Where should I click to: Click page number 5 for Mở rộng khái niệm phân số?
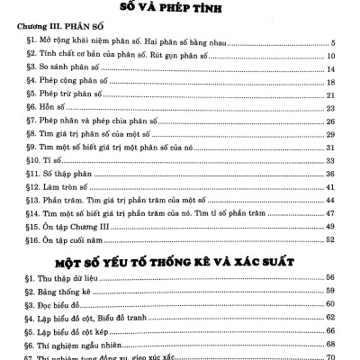333,42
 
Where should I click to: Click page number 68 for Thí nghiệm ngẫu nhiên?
330,344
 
